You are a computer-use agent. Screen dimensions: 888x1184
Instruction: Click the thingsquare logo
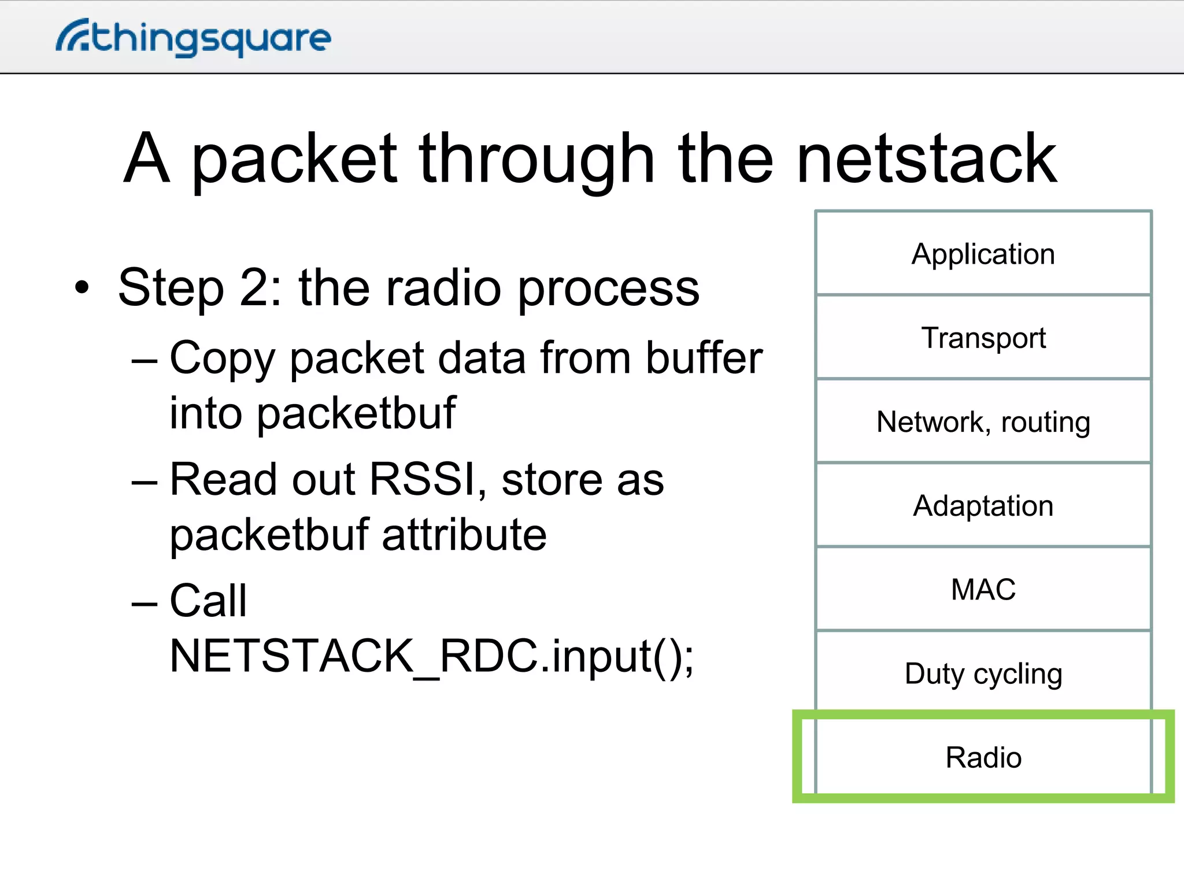(194, 38)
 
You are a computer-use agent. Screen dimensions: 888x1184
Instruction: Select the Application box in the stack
(983, 254)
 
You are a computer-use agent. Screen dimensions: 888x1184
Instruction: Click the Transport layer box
(983, 338)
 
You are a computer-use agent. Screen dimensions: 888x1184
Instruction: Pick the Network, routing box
(983, 421)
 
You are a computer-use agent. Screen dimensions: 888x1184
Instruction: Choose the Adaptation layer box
(983, 505)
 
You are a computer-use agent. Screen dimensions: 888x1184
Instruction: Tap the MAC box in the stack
(983, 589)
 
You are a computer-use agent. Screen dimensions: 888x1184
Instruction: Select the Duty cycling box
(983, 673)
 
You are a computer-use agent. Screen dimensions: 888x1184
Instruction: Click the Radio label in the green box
(983, 757)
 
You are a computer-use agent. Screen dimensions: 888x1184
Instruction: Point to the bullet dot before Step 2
(82, 287)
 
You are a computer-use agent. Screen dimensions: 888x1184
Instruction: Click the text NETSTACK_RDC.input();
(431, 656)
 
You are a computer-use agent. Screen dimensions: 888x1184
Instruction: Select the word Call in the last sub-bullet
(208, 601)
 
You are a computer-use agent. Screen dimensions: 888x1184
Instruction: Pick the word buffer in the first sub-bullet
(704, 358)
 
